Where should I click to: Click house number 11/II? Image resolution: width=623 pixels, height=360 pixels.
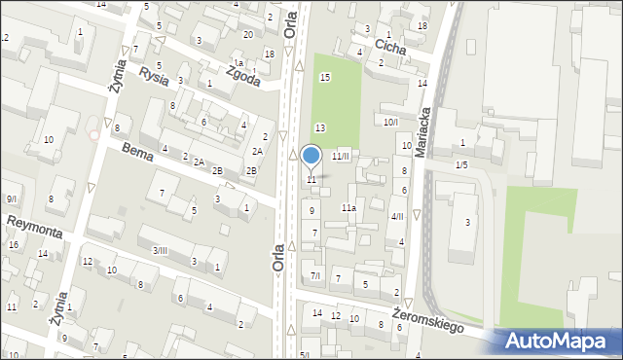tap(340, 156)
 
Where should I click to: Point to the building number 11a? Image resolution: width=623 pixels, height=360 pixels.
tap(348, 207)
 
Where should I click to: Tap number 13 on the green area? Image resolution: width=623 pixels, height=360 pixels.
tap(319, 127)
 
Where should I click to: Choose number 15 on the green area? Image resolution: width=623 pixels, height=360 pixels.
tap(325, 77)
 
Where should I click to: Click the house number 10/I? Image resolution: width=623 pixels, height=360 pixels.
tap(390, 122)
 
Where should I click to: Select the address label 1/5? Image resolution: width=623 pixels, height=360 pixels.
tap(461, 164)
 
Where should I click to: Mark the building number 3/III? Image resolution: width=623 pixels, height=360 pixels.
tap(159, 250)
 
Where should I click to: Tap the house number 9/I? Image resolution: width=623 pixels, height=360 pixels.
tap(11, 198)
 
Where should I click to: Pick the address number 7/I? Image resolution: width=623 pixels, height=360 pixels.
tap(314, 276)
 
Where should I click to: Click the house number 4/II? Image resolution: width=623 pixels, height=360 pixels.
tap(396, 216)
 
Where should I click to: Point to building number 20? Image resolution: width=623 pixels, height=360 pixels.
tap(248, 34)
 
